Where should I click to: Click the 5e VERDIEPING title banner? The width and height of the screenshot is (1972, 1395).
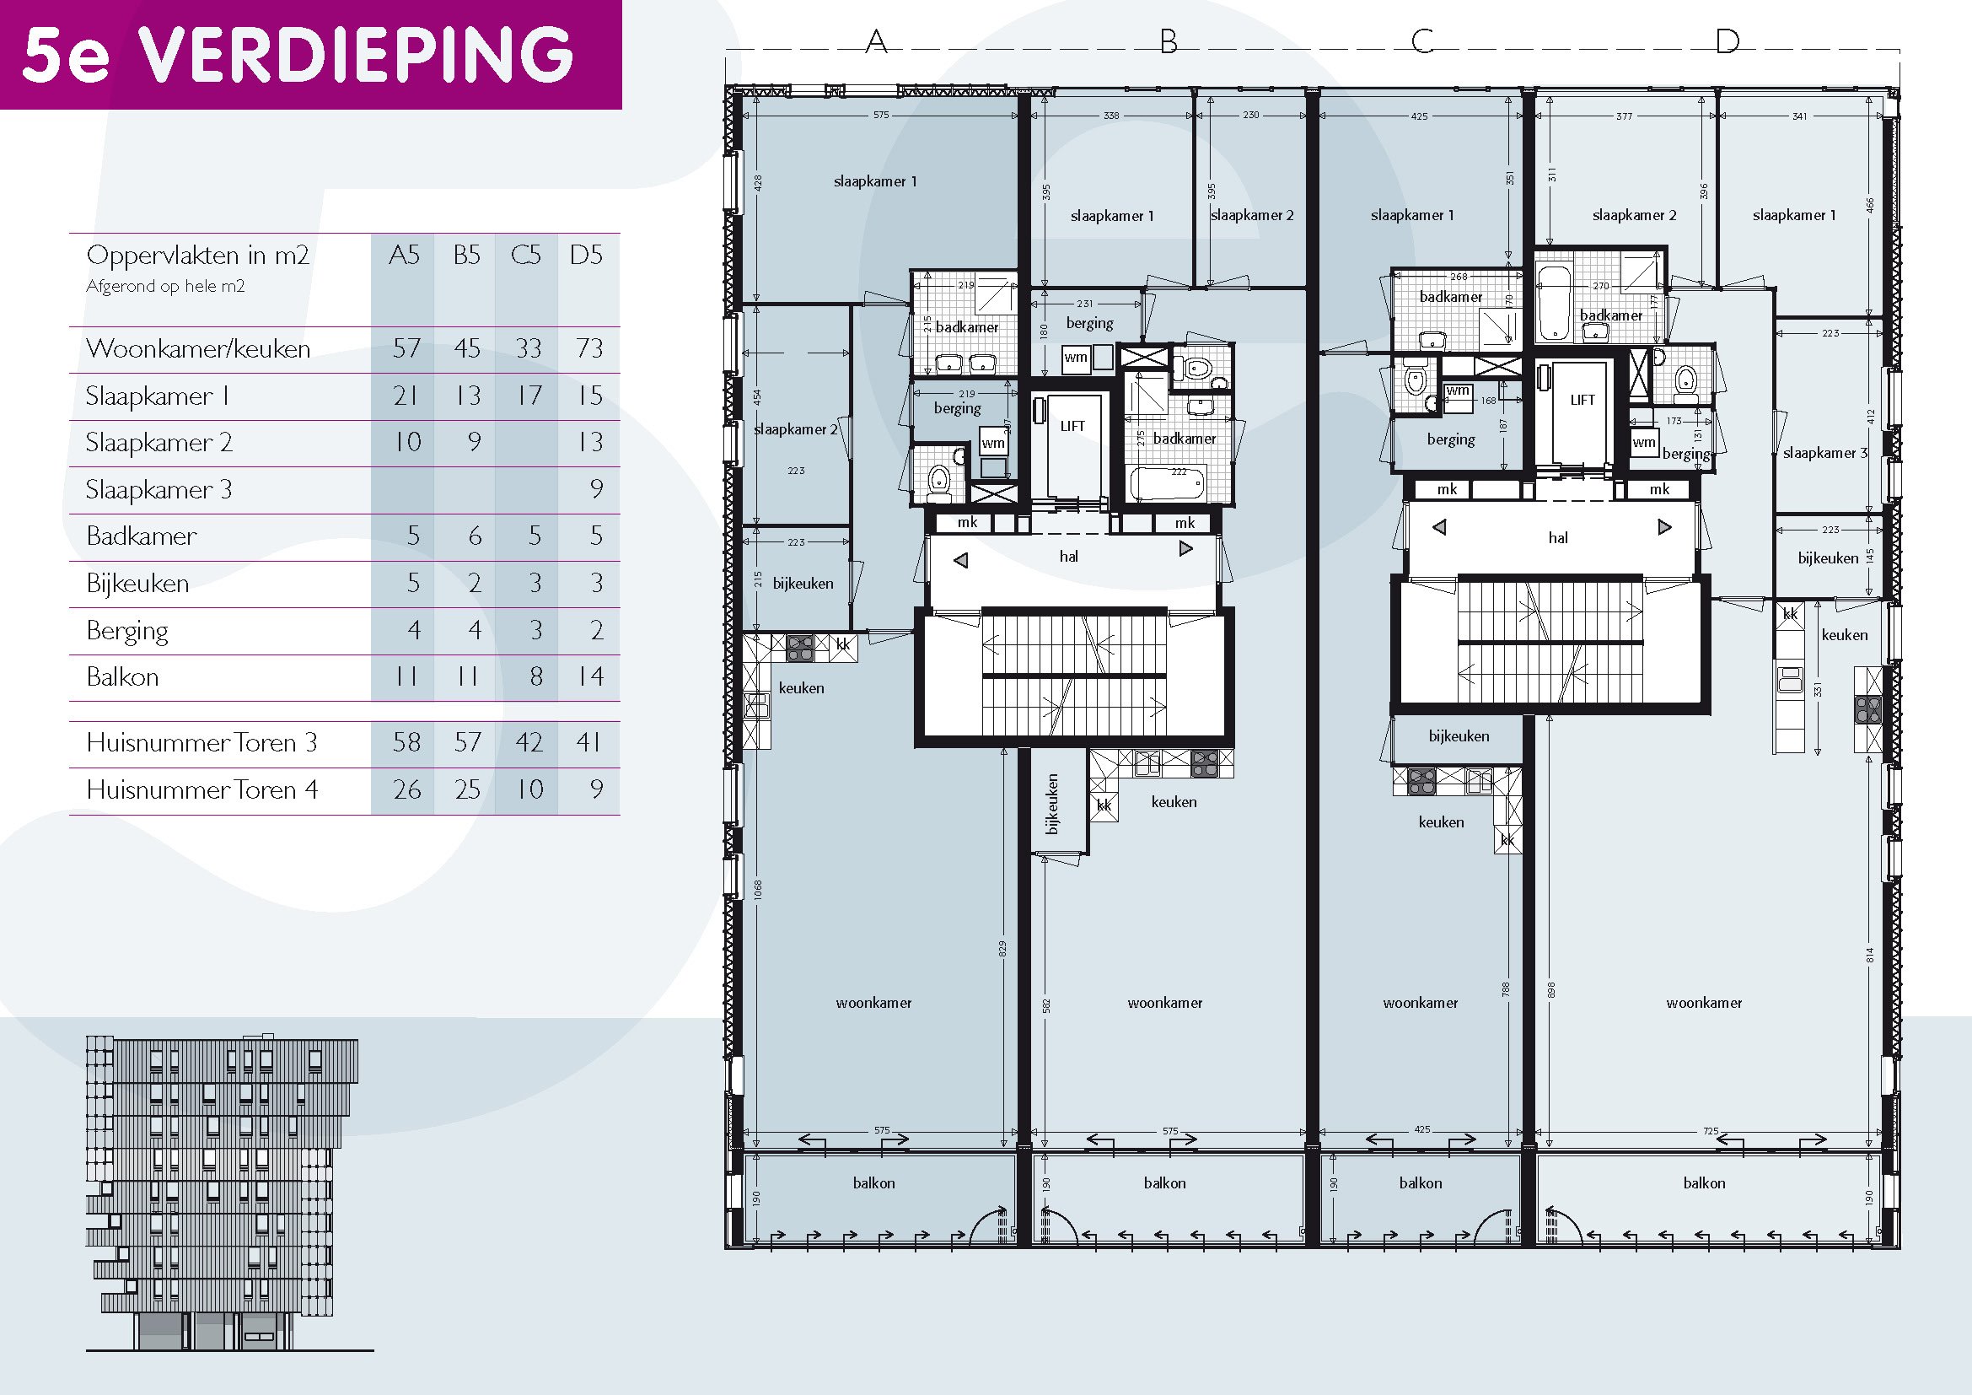pos(309,54)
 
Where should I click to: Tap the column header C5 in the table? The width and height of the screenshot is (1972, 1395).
pos(525,255)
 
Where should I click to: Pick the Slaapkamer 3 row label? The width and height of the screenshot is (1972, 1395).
pos(159,490)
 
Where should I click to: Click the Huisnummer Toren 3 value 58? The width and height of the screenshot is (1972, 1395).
pos(406,742)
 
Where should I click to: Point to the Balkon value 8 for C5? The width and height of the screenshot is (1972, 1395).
pos(536,677)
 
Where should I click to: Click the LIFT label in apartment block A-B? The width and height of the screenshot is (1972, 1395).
pos(1072,426)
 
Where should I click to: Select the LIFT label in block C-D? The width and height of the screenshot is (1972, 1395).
pos(1582,401)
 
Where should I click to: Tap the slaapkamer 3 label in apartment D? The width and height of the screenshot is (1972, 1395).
pos(1824,453)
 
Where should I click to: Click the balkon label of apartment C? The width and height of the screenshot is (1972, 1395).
pos(1420,1182)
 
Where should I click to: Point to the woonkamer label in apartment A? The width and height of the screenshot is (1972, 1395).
pos(873,1003)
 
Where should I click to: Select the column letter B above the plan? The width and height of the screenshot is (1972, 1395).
pos(1168,41)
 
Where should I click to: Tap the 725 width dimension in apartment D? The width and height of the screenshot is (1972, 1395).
pos(1710,1130)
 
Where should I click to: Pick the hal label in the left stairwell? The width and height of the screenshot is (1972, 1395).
pos(1068,557)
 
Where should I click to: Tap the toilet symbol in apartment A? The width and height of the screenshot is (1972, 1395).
pos(939,478)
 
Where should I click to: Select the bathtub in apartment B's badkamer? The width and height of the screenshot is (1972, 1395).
pos(1167,483)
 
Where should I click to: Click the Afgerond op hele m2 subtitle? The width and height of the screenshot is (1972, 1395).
pos(165,286)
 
